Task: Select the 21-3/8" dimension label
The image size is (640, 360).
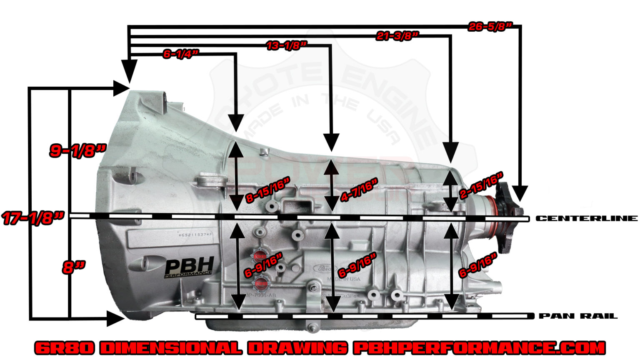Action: [397, 36]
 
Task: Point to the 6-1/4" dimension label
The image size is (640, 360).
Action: [180, 54]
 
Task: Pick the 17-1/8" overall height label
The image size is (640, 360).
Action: [33, 218]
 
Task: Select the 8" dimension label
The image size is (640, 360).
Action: [74, 267]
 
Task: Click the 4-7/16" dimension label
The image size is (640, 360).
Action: [359, 190]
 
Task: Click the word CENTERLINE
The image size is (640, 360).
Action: [586, 218]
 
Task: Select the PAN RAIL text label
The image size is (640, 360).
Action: [578, 316]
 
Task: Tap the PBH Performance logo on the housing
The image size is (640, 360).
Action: [189, 267]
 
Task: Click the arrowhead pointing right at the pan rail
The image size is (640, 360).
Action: [116, 319]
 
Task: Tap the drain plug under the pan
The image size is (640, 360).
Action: [311, 326]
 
